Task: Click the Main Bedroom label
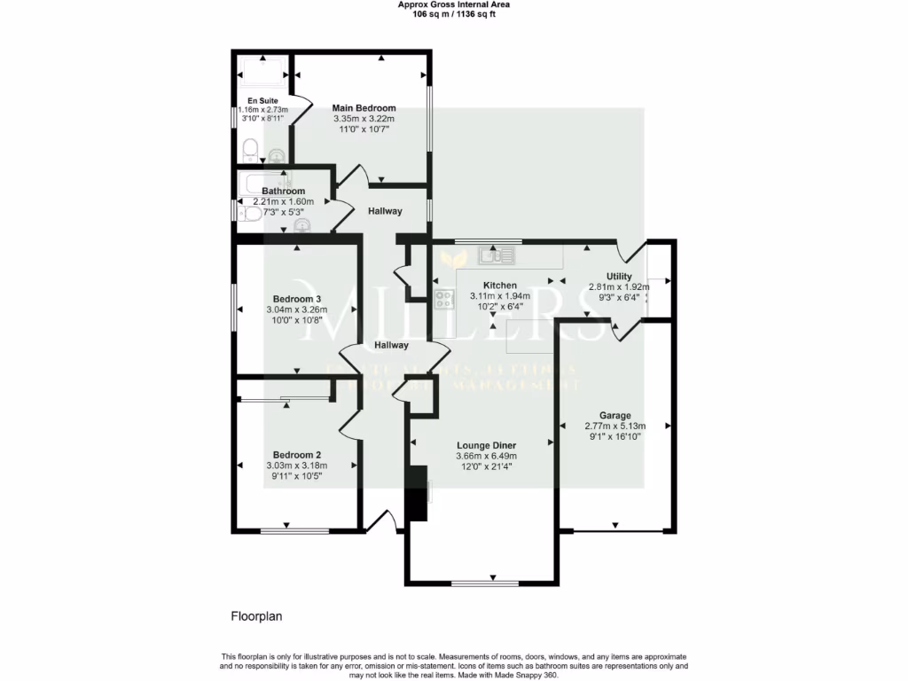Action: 364,108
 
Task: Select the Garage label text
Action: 614,415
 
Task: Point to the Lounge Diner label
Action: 486,445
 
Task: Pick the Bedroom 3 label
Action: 296,298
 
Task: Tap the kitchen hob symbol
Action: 444,298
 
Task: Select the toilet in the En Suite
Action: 249,148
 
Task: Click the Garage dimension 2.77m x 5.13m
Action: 614,426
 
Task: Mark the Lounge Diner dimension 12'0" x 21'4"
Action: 484,466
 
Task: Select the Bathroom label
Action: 283,192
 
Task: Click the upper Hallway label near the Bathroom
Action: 385,211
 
